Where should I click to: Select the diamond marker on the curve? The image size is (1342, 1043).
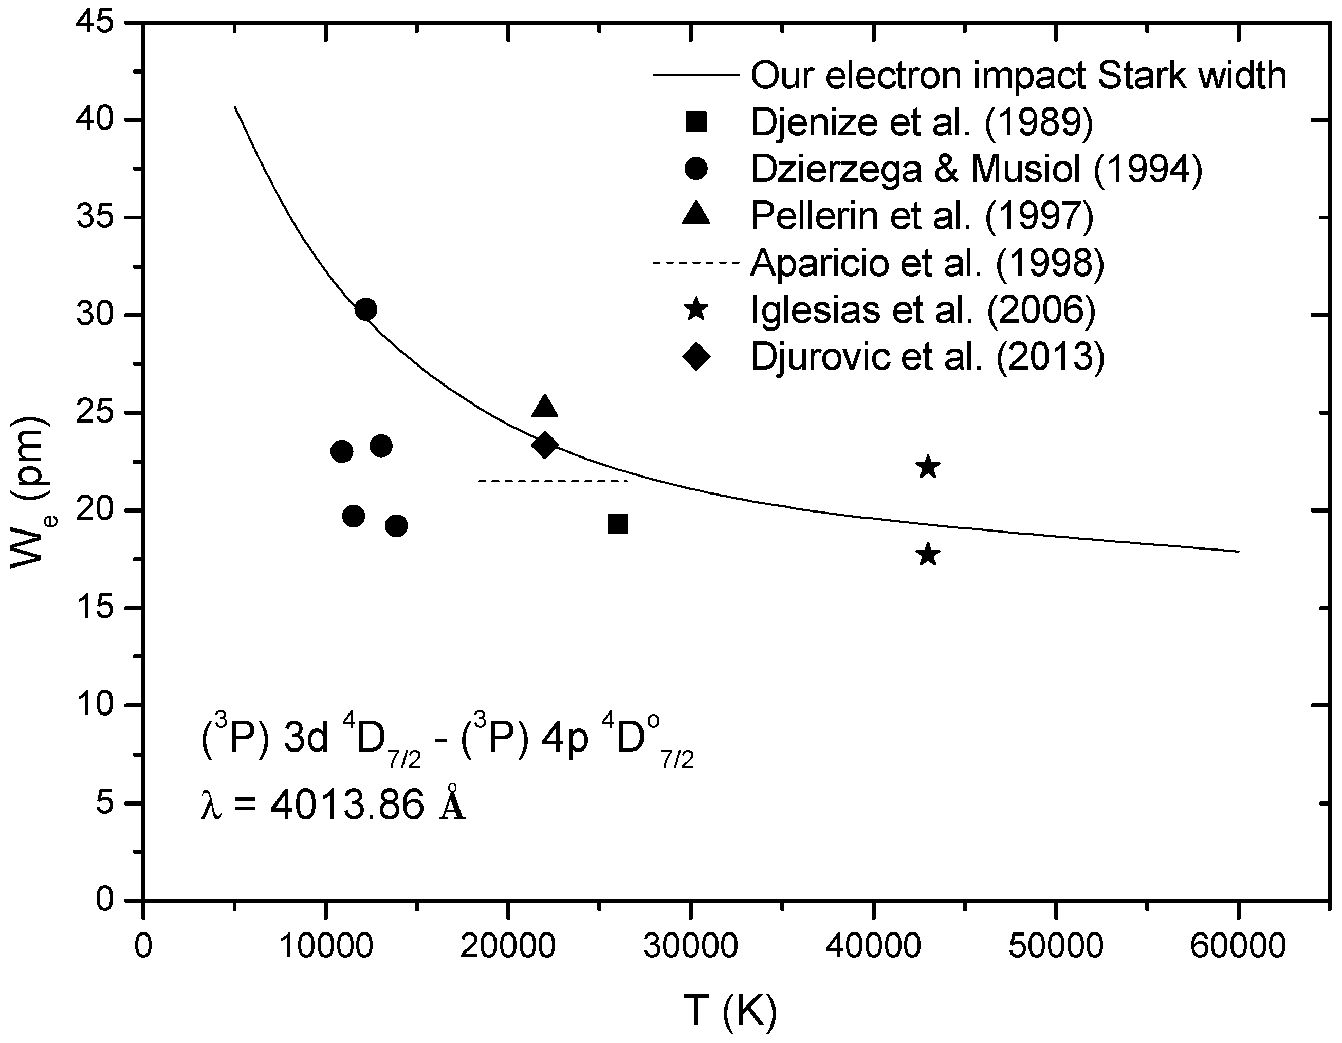click(544, 445)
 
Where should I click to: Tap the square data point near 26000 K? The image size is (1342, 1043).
click(617, 524)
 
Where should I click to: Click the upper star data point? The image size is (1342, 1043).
click(928, 468)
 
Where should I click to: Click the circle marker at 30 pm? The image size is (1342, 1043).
click(365, 309)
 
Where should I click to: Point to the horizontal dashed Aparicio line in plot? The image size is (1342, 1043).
click(553, 481)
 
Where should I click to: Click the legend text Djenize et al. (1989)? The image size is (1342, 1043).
click(922, 122)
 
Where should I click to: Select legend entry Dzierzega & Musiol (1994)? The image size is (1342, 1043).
click(976, 169)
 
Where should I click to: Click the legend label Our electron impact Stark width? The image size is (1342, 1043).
click(1018, 75)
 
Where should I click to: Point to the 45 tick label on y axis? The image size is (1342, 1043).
click(95, 23)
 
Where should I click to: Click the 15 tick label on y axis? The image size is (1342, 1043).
click(95, 608)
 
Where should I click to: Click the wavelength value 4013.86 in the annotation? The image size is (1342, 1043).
click(347, 804)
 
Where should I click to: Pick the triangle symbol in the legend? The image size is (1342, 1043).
click(696, 215)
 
